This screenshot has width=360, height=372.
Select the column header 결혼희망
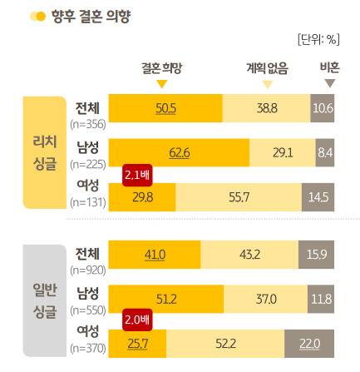pyautogui.click(x=161, y=70)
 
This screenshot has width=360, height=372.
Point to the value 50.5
pyautogui.click(x=166, y=109)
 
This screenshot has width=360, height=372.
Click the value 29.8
pyautogui.click(x=143, y=197)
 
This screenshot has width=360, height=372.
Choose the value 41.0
pyautogui.click(x=155, y=253)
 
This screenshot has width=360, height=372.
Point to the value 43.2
pyautogui.click(x=251, y=253)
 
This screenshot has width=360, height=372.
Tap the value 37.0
pyautogui.click(x=265, y=297)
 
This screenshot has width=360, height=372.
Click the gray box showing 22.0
pyautogui.click(x=308, y=343)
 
